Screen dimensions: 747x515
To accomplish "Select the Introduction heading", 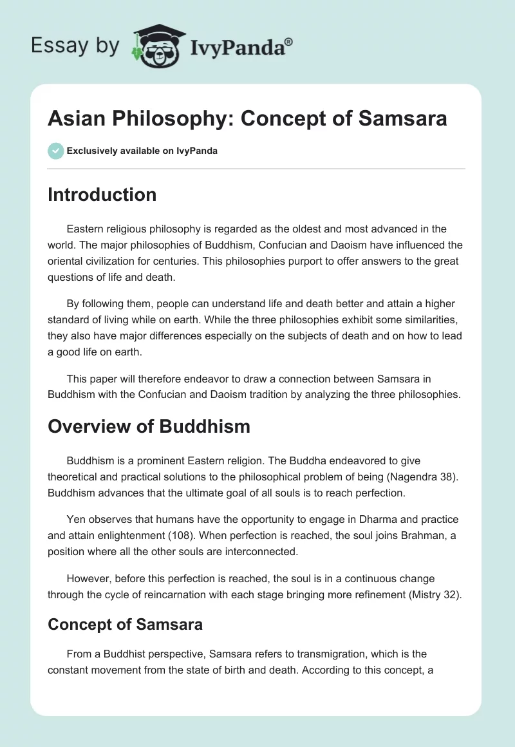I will tap(102, 194).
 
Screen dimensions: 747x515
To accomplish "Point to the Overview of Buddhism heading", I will tap(149, 426).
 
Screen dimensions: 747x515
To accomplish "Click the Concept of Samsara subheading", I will tap(125, 623).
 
